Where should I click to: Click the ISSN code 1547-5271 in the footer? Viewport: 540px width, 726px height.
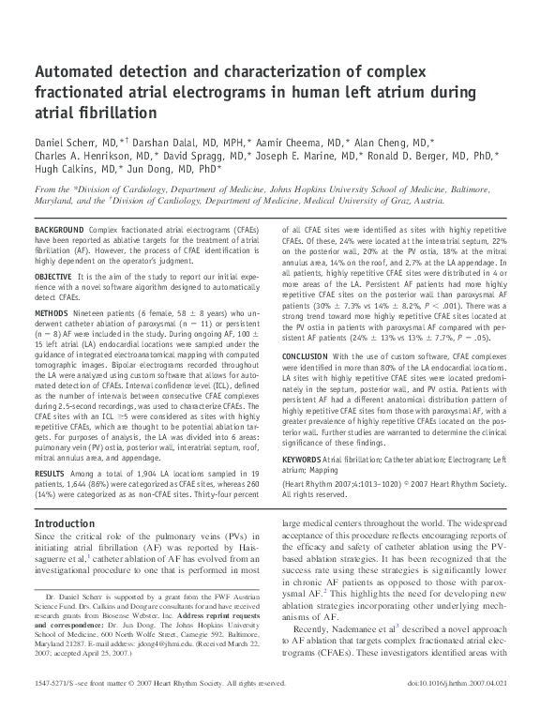(56, 709)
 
